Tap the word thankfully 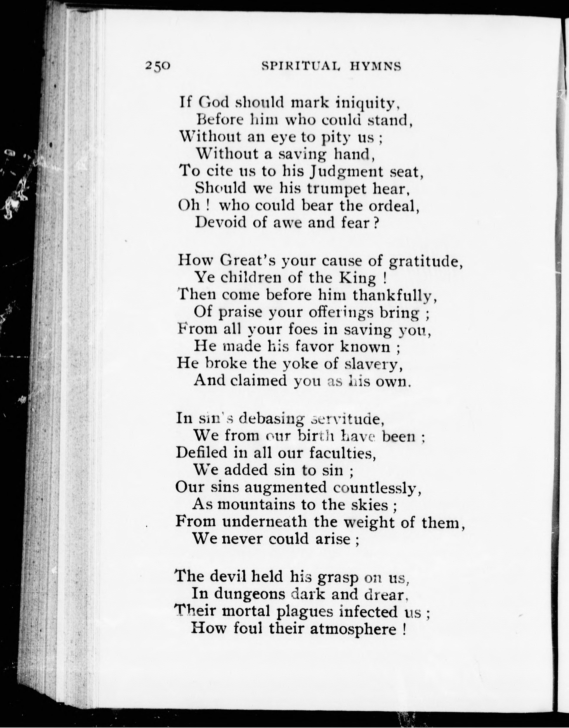pyautogui.click(x=394, y=295)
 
